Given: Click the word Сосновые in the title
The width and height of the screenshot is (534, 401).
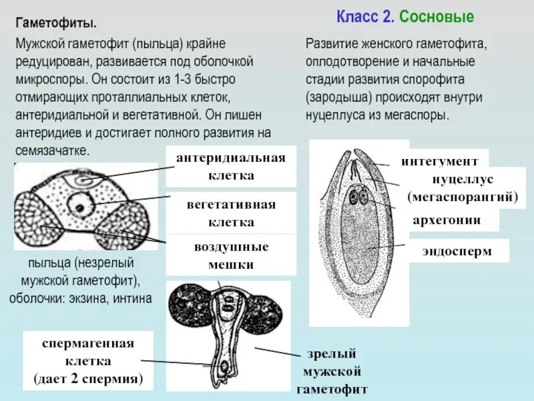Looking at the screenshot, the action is click(x=436, y=17).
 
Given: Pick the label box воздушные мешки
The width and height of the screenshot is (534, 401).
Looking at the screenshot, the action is click(x=232, y=255).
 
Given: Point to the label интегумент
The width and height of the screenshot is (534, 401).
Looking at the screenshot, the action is click(x=439, y=162).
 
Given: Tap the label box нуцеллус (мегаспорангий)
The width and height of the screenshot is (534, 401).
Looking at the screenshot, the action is click(x=463, y=188).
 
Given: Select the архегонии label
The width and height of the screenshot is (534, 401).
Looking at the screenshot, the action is click(x=446, y=221).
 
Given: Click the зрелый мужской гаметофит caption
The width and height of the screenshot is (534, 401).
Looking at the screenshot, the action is click(x=332, y=371).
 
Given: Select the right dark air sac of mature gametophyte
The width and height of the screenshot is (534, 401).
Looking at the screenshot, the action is click(x=265, y=326).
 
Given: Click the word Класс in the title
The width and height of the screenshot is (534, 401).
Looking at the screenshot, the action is click(x=358, y=17).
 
